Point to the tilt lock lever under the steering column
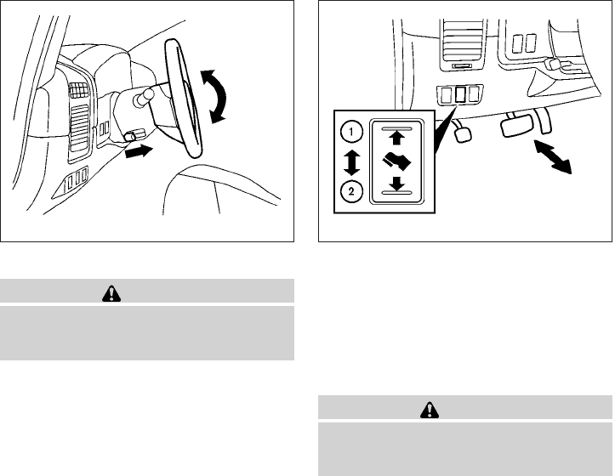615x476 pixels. coord(130,137)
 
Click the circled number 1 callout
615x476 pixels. coord(348,132)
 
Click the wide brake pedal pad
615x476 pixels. coord(516,126)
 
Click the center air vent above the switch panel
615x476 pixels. coord(458,37)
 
